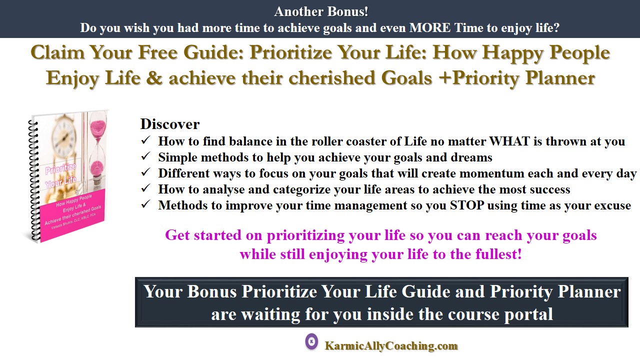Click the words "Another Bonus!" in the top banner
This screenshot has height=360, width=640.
pos(321,11)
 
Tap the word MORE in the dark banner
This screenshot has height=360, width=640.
pos(430,27)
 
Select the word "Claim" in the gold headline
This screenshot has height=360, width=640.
pos(57,52)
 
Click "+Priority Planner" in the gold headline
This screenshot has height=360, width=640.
pos(517,77)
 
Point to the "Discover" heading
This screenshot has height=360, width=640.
pos(169,124)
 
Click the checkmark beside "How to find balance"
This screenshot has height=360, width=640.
pos(145,140)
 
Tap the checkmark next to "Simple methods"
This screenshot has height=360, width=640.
pos(145,156)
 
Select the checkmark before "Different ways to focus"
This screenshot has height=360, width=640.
pos(145,172)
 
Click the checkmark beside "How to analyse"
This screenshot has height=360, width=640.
pos(145,188)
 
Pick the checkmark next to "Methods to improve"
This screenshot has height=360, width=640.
pos(145,204)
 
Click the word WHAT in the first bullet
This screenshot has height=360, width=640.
pos(509,141)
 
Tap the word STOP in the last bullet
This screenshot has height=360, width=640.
pos(467,205)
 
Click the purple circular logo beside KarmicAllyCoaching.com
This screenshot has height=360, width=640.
pos(311,341)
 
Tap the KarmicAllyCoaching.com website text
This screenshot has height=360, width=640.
pos(391,345)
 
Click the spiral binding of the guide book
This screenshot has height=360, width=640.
pos(34,180)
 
